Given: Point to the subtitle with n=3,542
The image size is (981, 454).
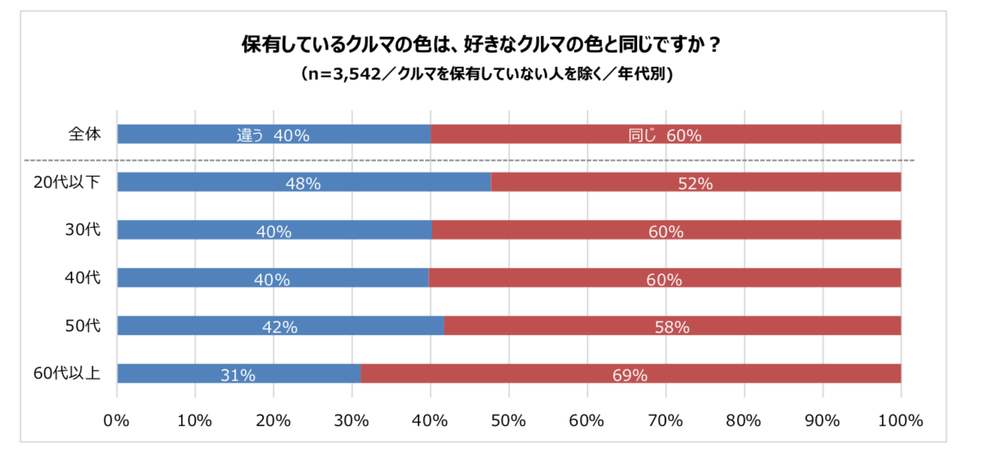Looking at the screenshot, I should (481, 74).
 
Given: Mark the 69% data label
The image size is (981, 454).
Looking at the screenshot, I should (630, 375).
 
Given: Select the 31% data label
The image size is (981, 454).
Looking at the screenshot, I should (238, 375).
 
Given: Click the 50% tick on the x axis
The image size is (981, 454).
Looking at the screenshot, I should (509, 421).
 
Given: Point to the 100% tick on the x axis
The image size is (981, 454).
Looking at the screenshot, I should (900, 421).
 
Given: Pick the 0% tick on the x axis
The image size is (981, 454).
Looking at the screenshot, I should (117, 421).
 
